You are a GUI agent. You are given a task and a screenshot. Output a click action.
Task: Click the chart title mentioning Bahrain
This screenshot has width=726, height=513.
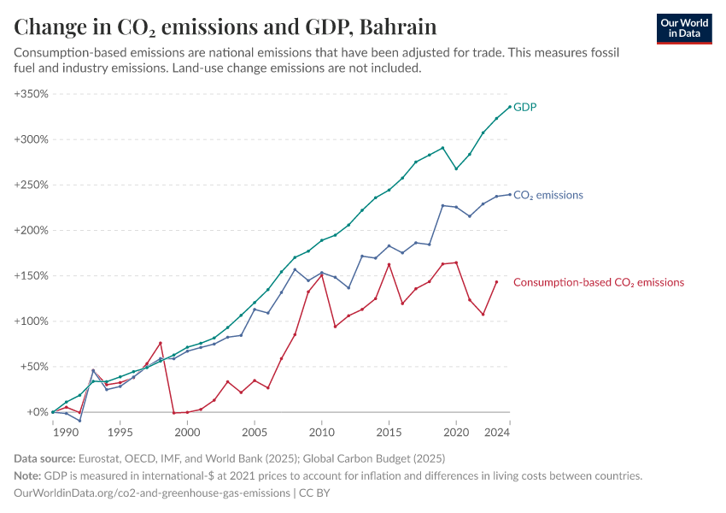225,27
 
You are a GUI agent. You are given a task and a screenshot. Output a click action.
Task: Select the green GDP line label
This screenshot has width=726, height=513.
524,107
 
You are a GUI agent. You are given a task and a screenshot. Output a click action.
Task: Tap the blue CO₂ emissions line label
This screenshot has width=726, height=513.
548,195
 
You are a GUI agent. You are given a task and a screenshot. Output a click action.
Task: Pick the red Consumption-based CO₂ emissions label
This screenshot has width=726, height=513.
598,282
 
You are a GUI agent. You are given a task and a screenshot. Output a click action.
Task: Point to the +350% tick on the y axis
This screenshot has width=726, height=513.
32,94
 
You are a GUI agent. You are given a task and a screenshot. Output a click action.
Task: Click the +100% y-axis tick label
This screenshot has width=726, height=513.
32,321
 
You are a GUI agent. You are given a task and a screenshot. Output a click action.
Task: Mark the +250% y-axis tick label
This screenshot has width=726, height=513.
32,185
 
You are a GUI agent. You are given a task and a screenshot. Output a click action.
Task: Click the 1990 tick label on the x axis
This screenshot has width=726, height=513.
53,433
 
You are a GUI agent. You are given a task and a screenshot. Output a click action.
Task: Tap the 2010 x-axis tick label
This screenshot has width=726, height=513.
322,433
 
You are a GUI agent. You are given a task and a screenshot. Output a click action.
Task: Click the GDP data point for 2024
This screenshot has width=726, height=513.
510,106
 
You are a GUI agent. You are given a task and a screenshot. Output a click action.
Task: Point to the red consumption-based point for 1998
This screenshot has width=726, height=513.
161,343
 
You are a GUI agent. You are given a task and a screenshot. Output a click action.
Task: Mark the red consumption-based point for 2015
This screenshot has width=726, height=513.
389,264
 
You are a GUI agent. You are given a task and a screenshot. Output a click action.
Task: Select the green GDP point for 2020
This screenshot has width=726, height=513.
456,168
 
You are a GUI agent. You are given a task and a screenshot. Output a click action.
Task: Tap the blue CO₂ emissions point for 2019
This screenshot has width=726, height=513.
442,205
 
